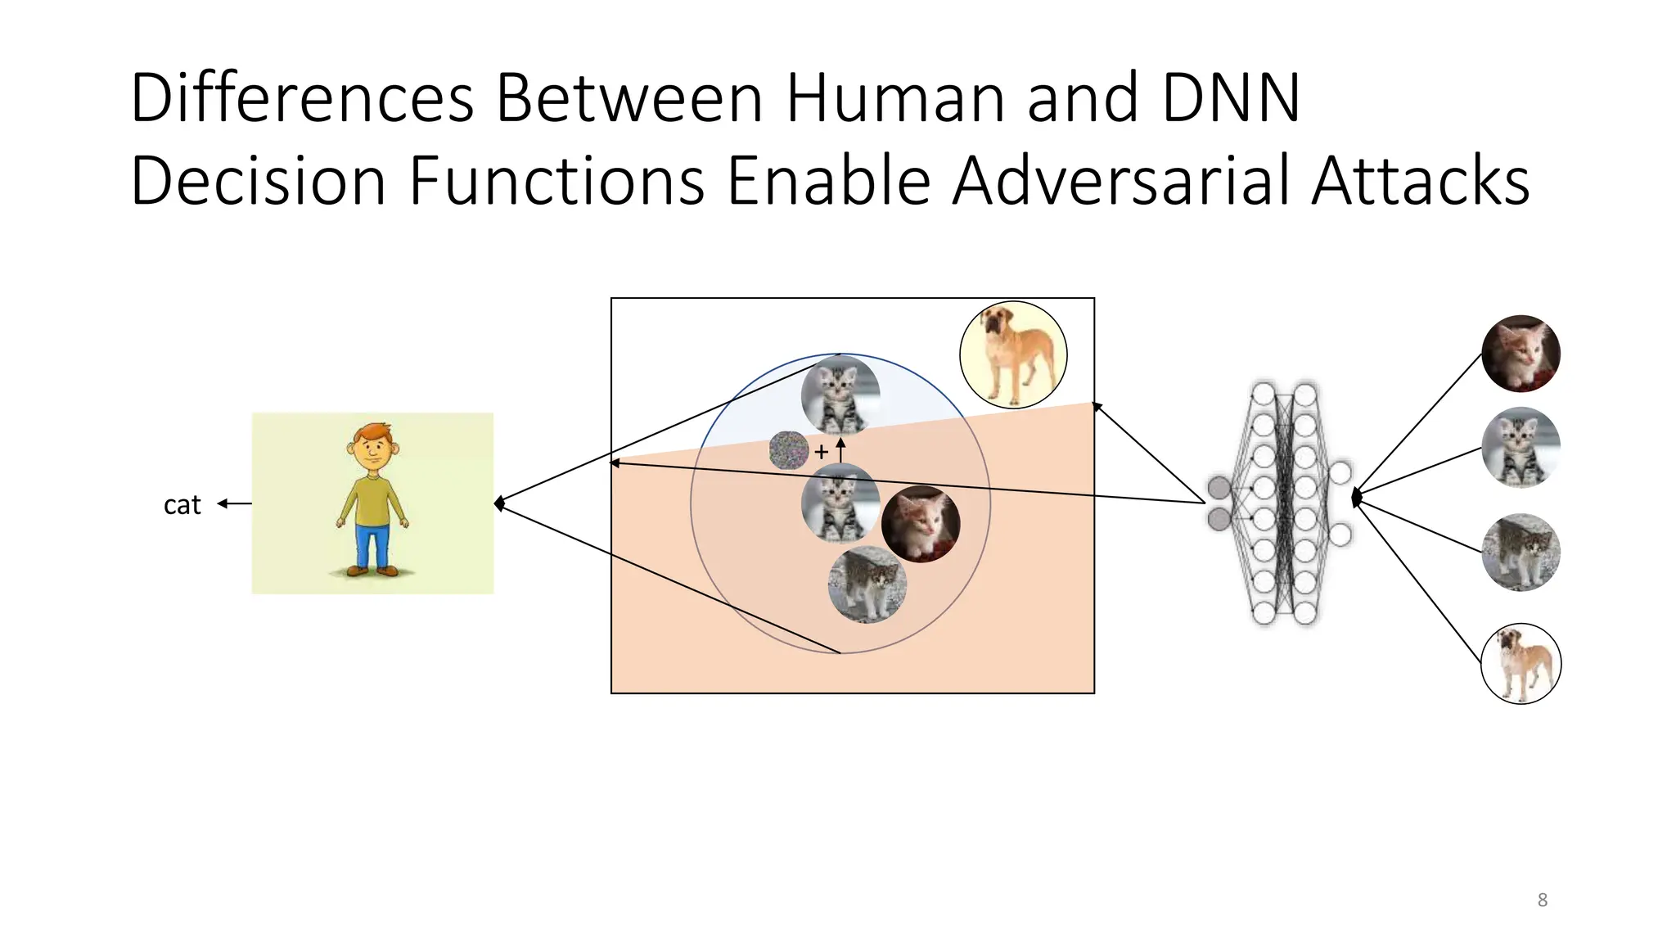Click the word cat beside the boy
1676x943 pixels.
(x=182, y=505)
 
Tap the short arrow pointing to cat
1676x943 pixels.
(x=234, y=503)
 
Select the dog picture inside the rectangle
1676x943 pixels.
(x=1013, y=354)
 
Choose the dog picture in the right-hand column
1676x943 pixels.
(x=1521, y=664)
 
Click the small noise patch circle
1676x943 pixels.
(x=789, y=450)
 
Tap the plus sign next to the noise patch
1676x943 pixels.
(x=821, y=451)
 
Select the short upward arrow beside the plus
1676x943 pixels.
(x=840, y=449)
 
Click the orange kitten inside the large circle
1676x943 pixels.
(x=921, y=524)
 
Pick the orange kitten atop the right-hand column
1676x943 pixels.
(x=1521, y=354)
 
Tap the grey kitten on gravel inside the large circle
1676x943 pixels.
(x=867, y=584)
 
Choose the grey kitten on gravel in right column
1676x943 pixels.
(x=1521, y=553)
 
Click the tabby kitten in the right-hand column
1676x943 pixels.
(x=1521, y=448)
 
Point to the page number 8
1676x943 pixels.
(x=1542, y=900)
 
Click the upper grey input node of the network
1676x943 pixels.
(x=1219, y=488)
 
